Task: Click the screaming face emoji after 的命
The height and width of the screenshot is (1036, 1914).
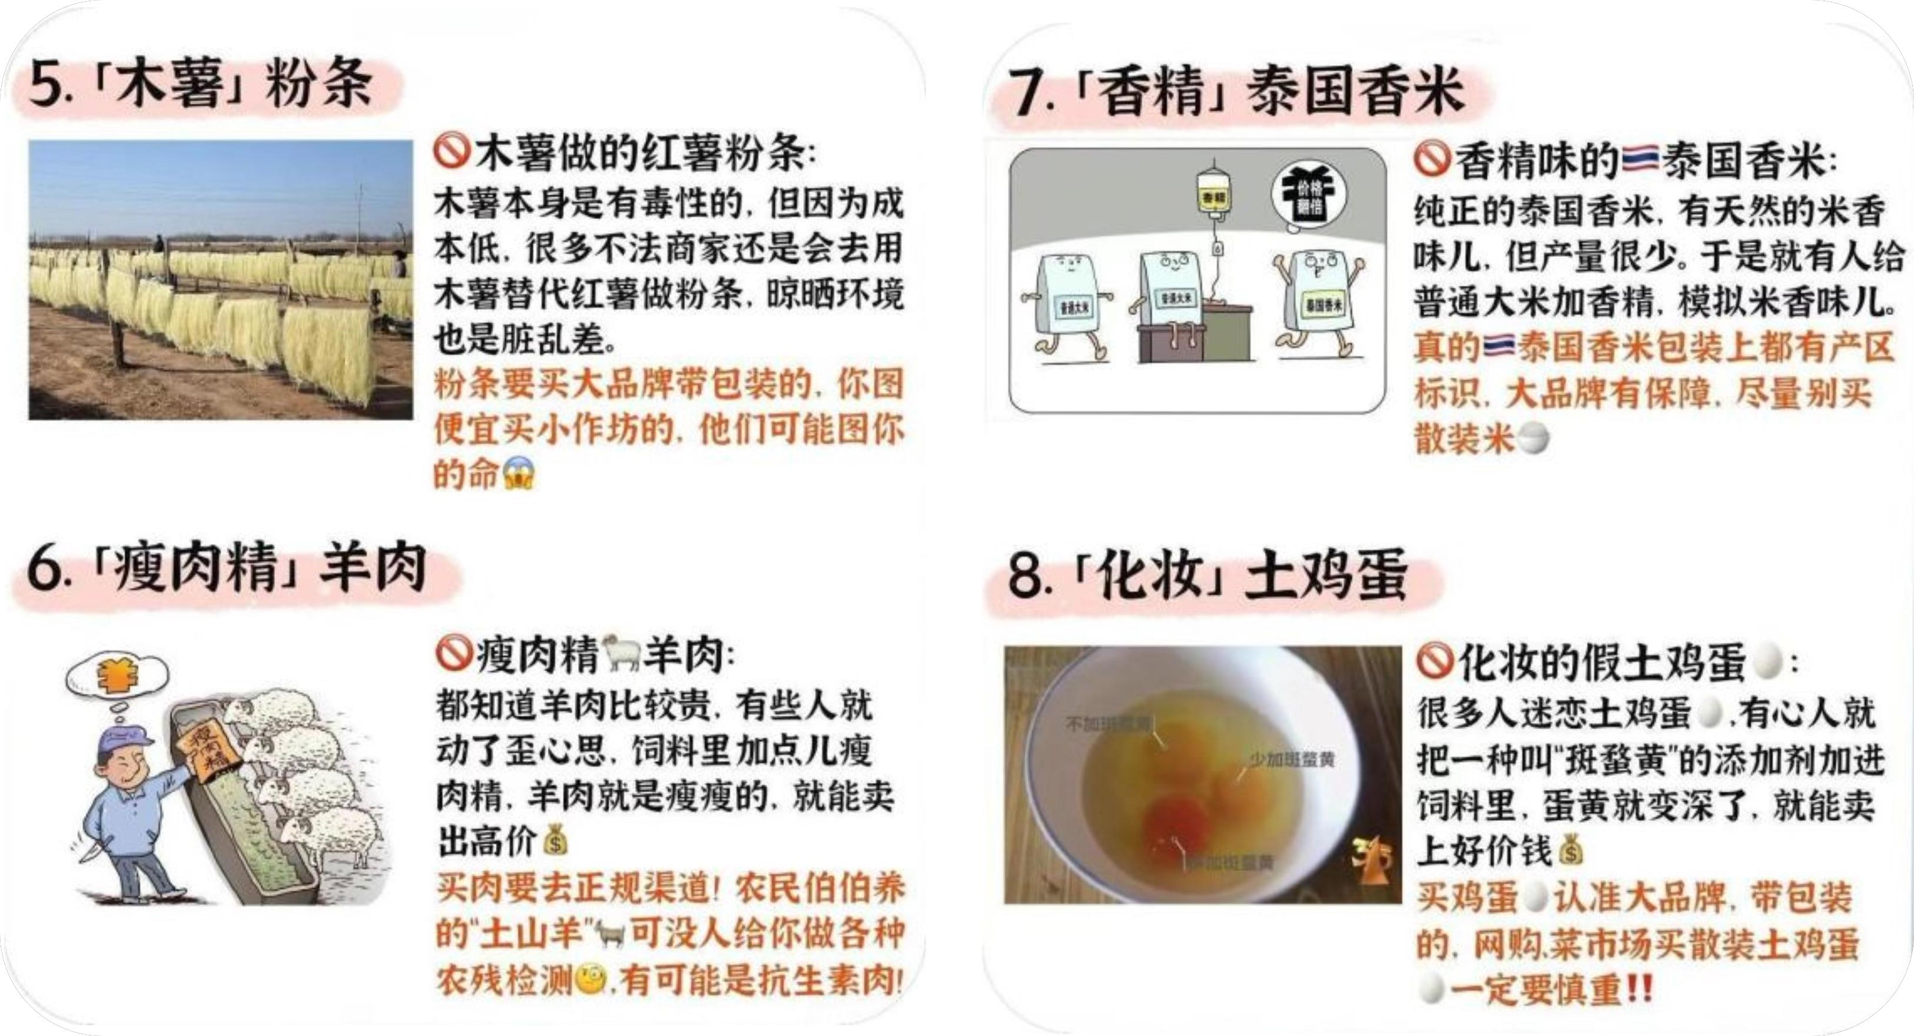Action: [519, 474]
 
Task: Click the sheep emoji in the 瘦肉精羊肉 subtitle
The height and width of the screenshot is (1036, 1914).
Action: [621, 653]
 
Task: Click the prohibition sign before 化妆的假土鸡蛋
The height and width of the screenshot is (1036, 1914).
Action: [1434, 661]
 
